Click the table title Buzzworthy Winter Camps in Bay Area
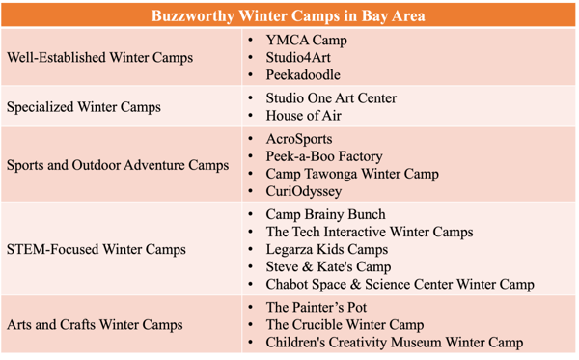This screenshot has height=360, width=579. pyautogui.click(x=289, y=15)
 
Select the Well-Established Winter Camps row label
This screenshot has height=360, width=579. pyautogui.click(x=99, y=57)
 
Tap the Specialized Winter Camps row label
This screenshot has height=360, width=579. pyautogui.click(x=83, y=107)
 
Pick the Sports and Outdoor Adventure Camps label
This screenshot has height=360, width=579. pyautogui.click(x=118, y=165)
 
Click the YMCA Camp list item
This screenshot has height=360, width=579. pyautogui.click(x=306, y=41)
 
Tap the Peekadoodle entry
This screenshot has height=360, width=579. pyautogui.click(x=303, y=75)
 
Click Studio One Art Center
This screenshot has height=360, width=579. pyautogui.click(x=331, y=98)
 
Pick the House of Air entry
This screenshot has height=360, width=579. pyautogui.click(x=304, y=116)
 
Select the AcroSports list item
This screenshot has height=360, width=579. pyautogui.click(x=299, y=139)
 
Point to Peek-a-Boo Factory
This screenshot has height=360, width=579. pyautogui.click(x=324, y=156)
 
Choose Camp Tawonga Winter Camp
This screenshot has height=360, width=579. pyautogui.click(x=352, y=174)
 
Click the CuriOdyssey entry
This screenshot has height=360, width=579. pyautogui.click(x=304, y=191)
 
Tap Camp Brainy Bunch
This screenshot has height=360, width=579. pyautogui.click(x=325, y=214)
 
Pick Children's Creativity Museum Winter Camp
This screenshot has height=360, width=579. pyautogui.click(x=395, y=343)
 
